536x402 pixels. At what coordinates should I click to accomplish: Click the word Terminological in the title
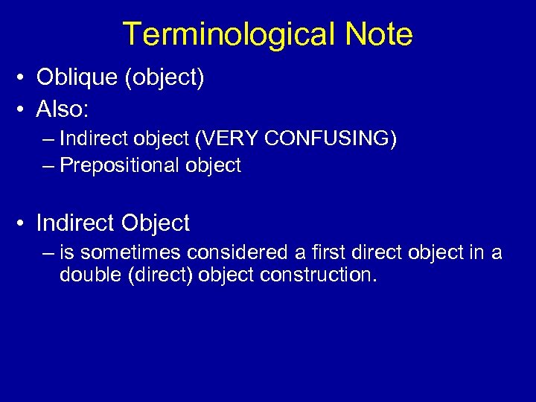(x=217, y=35)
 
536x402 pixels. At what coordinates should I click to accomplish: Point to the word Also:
(x=63, y=110)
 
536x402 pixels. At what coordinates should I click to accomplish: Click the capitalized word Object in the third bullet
(x=156, y=223)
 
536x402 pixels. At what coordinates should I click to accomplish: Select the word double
(x=91, y=275)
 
